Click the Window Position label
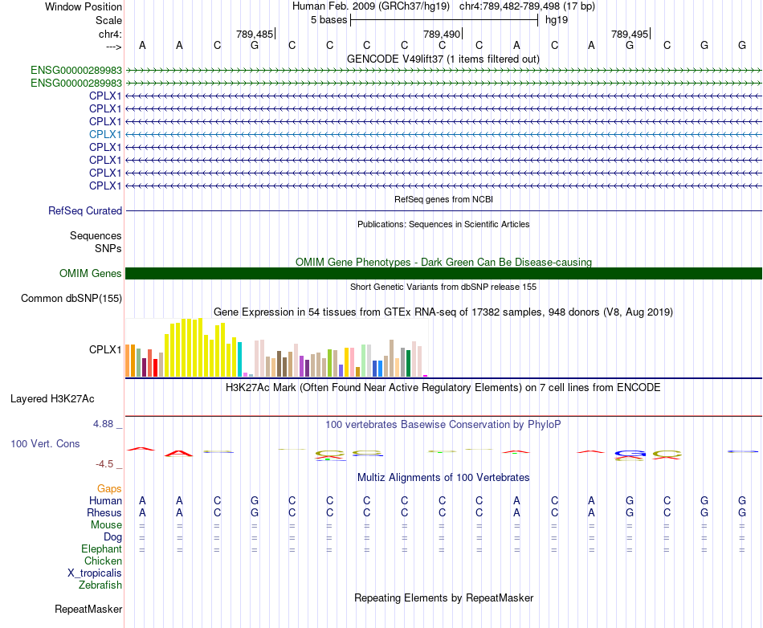pos(84,6)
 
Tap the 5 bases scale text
pos(329,20)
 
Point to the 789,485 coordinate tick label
pos(255,34)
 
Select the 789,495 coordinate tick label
pos(630,34)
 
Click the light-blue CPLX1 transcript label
pos(105,134)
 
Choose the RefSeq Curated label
pos(85,210)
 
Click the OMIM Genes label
pos(91,273)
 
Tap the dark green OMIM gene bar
pos(443,273)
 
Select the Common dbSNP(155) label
pos(71,298)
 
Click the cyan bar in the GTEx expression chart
pos(240,360)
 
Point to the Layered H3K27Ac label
pos(52,399)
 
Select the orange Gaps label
pos(109,488)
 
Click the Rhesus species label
pos(104,512)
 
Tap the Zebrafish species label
pos(100,585)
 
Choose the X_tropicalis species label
pos(95,573)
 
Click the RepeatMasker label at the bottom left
pos(88,609)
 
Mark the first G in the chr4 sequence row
pos(255,45)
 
